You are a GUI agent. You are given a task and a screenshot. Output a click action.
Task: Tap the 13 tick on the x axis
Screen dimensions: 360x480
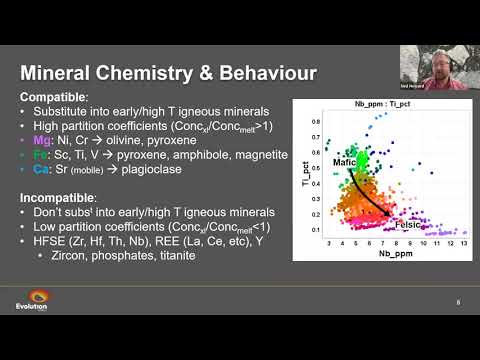click(x=462, y=243)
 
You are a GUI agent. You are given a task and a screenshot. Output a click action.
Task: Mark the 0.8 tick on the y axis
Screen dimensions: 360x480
click(x=315, y=119)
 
